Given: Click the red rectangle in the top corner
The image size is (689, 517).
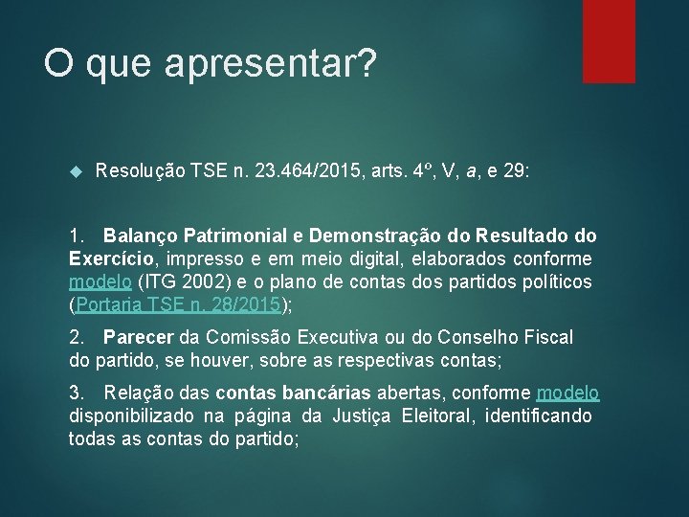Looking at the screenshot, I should pyautogui.click(x=609, y=40).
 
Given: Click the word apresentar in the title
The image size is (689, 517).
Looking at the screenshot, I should pyautogui.click(x=271, y=65).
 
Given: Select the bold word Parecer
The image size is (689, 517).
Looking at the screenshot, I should pyautogui.click(x=139, y=337).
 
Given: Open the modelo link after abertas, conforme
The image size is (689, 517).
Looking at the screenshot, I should pyautogui.click(x=567, y=393).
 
